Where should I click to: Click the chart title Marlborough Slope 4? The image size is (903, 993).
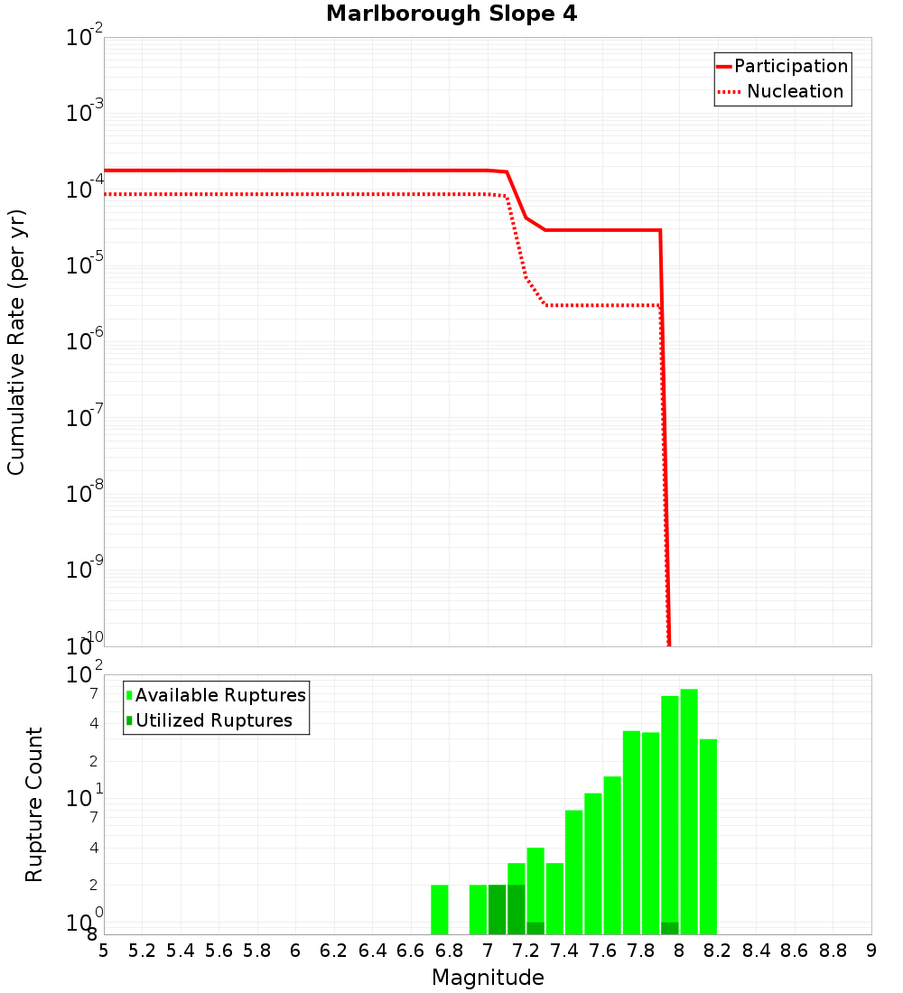point(451,14)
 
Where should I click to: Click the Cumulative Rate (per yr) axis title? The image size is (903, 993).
point(16,342)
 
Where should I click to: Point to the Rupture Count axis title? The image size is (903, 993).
point(34,804)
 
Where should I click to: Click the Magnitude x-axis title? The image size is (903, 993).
point(488,978)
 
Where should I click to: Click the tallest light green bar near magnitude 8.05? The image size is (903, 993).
point(689,812)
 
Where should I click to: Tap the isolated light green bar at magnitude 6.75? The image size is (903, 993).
point(440,909)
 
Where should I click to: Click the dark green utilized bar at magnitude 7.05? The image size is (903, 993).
point(498,909)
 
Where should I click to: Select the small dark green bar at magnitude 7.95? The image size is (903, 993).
point(670,928)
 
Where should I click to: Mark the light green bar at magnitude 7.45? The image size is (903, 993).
point(574,872)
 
